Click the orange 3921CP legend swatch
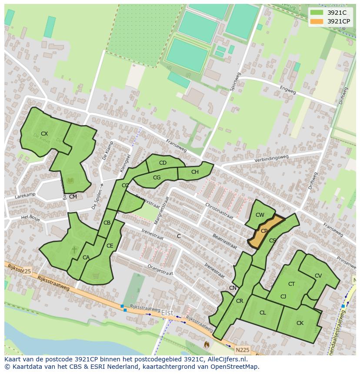317,21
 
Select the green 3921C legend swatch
317,13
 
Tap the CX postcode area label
44,134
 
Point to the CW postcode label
260,215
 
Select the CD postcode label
163,163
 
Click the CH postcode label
195,172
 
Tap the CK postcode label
300,323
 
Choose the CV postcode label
318,276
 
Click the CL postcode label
263,313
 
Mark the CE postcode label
110,246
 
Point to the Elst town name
167,313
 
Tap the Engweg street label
288,89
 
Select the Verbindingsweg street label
272,159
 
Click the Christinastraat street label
219,211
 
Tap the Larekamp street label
25,195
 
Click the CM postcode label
73,197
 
